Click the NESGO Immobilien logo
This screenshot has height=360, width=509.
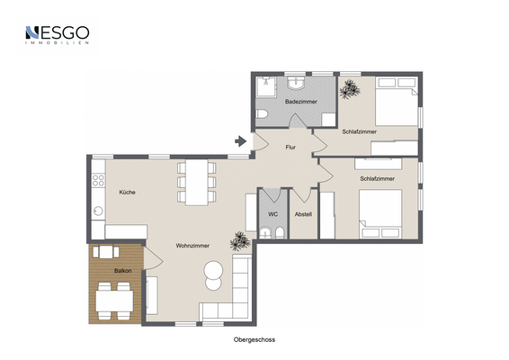pos(58,35)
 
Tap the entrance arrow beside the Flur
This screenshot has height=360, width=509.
pos(240,141)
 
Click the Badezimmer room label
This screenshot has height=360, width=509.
pos(301,102)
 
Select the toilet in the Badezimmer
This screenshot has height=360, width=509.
pos(262,114)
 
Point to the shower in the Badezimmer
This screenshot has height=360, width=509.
pos(266,87)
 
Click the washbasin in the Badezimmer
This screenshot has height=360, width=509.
pos(296,83)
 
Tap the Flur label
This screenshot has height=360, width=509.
pos(290,148)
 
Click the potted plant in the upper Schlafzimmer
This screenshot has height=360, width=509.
pos(349,89)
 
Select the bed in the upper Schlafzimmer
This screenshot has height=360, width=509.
pos(397,101)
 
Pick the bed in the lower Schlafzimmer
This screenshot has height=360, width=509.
pos(380,214)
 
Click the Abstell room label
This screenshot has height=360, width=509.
pos(303,214)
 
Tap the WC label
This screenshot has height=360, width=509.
pos(273,214)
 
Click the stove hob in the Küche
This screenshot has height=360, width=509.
pos(98,180)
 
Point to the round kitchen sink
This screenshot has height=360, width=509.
pos(98,211)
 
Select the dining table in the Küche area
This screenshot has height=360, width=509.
pos(197,183)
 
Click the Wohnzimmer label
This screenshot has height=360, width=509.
pos(192,246)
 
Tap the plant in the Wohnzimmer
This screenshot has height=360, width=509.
pos(240,241)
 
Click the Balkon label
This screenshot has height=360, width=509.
pos(122,271)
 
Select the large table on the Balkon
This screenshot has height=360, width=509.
pos(114,301)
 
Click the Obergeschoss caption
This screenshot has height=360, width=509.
pos(254,340)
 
